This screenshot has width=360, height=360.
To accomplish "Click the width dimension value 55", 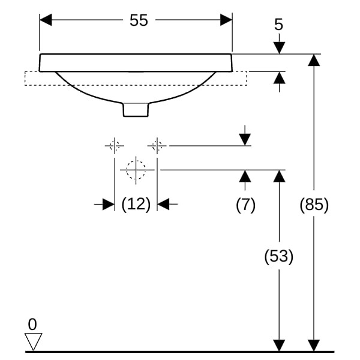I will pos(139,20).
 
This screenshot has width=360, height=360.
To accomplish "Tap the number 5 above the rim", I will pos(278,25).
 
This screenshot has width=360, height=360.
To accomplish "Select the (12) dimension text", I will pos(136,205).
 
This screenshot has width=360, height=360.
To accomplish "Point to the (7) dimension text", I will pos(245,205).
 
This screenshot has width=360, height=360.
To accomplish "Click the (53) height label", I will pos(278,257).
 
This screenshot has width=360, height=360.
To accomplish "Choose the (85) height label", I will pos(314,205).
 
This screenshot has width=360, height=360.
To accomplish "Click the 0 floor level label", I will pos(32,325).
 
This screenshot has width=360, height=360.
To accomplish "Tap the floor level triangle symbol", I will pos(33,342).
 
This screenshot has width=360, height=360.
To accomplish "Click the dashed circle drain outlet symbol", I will pos(136,170).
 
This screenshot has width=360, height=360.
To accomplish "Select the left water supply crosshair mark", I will pos(114,145).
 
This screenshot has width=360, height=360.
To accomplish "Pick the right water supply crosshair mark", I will pos(157,145).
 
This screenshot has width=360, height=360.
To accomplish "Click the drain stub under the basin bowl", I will pos(136,109).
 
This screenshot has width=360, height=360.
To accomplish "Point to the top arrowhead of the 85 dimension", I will pos(314,59).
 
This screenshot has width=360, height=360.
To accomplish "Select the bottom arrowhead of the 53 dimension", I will pos(278,346).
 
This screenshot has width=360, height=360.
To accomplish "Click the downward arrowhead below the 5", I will pos(278,47).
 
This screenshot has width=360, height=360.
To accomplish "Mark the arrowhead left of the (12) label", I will pos(108,205).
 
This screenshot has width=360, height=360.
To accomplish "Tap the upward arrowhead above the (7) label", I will pos(245,176).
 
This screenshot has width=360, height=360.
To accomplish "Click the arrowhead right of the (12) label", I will pos(164,205).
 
